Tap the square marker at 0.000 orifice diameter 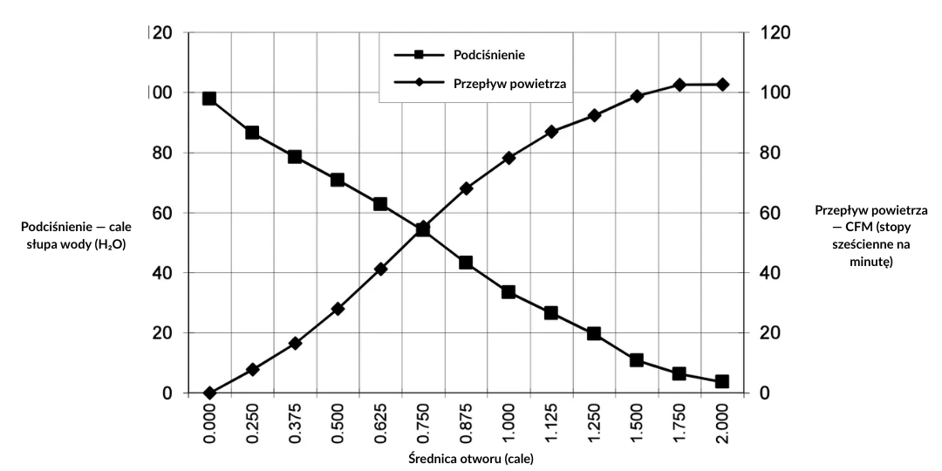(x=209, y=99)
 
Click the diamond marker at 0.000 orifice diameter (x=209, y=393)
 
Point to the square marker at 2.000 (x=722, y=381)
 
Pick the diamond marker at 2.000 (x=722, y=85)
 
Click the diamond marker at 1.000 (x=509, y=158)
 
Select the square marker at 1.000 (x=509, y=292)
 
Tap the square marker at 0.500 (x=338, y=180)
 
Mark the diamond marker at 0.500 (x=338, y=309)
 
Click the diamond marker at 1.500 (x=637, y=96)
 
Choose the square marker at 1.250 (x=594, y=333)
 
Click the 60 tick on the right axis (x=764, y=213)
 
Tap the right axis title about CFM (x=870, y=235)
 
